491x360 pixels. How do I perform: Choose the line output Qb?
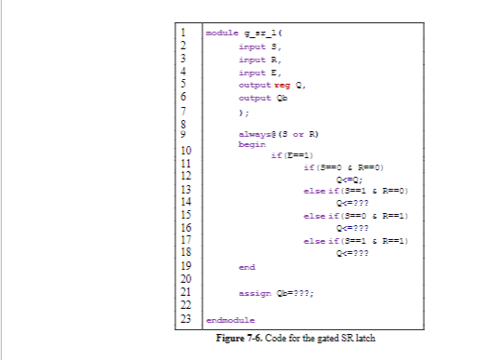256,97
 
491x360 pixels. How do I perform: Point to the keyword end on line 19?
246,266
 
